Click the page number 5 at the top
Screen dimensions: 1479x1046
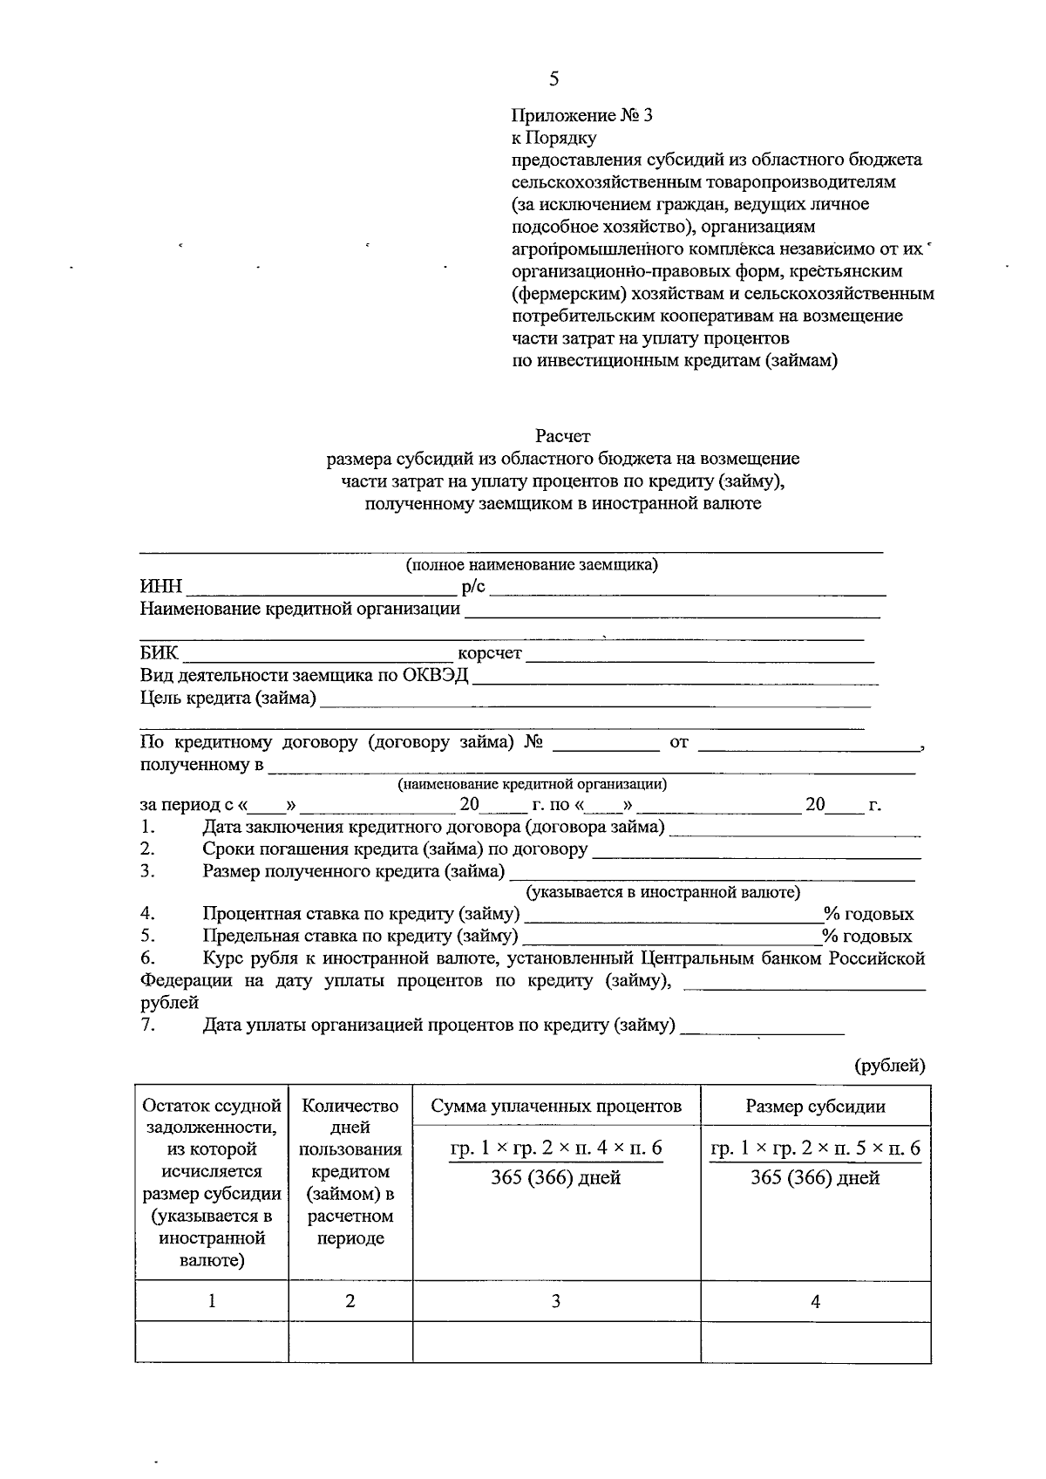pos(554,79)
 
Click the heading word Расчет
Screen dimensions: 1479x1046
pos(562,435)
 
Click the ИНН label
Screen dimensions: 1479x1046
pos(160,588)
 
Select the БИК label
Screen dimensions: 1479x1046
pos(159,653)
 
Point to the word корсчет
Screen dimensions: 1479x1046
pos(489,653)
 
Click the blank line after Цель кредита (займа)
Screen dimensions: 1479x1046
pos(595,699)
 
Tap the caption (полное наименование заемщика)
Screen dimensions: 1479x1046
pos(532,565)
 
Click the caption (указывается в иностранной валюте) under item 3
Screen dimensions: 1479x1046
pos(662,893)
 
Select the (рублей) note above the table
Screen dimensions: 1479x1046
pos(889,1065)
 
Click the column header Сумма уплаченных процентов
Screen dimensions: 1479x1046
pos(556,1107)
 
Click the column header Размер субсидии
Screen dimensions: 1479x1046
pos(815,1107)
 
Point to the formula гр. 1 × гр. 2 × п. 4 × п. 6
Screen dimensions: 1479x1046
pos(556,1148)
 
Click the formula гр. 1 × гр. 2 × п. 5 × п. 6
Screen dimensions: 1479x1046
pos(815,1148)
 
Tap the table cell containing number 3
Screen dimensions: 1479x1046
pos(556,1302)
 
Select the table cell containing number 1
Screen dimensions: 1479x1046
pos(211,1302)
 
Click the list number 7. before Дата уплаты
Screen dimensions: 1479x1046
pos(148,1025)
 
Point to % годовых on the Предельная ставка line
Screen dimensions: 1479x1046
pos(867,937)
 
